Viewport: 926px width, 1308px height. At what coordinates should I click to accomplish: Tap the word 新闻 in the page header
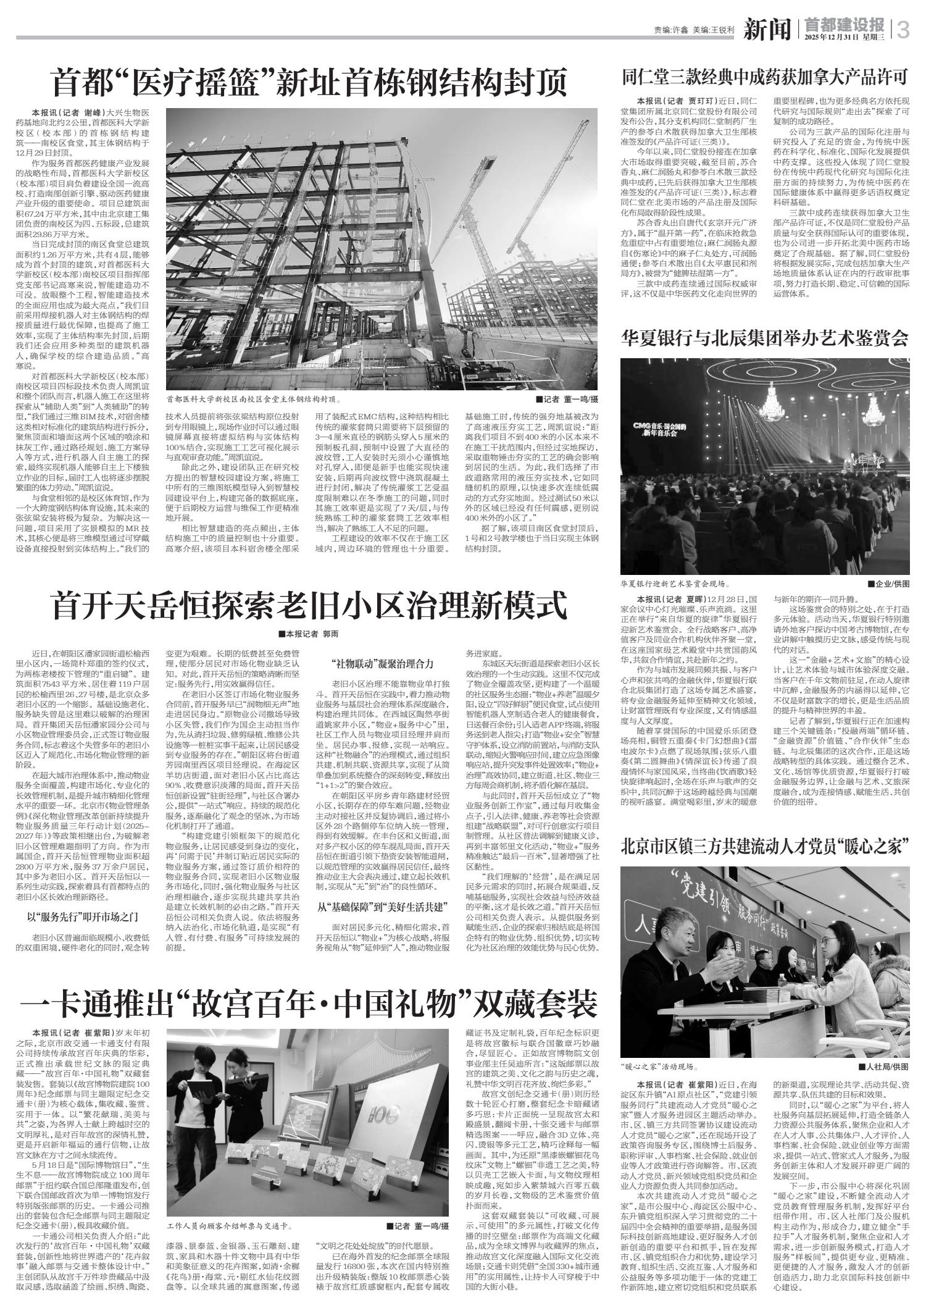click(767, 30)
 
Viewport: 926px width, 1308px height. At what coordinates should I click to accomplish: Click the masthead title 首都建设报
click(845, 24)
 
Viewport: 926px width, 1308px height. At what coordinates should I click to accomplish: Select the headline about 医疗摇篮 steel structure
click(309, 83)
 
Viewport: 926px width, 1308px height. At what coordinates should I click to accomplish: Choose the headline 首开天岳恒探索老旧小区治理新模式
click(309, 605)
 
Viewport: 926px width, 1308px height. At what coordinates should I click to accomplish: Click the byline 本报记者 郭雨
click(309, 634)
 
